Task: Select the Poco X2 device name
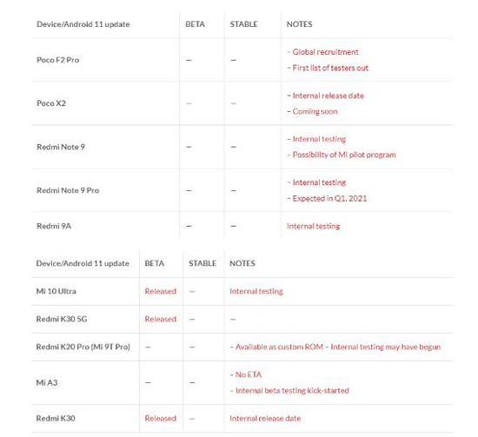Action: pos(51,103)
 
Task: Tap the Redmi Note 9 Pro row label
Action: pos(68,190)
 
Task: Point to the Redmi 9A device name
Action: pos(55,226)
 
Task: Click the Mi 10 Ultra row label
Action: pos(56,291)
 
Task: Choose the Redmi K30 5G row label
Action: pos(62,319)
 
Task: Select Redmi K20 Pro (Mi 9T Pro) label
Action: pos(83,347)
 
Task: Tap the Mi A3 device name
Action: pos(47,382)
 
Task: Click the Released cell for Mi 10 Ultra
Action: pos(160,291)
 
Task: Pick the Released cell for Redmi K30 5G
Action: pos(160,319)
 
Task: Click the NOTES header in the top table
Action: pos(299,24)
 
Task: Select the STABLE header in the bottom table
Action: pos(202,263)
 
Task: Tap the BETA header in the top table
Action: pos(196,24)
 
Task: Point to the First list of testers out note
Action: pos(329,68)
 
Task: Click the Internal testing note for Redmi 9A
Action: pos(314,226)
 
